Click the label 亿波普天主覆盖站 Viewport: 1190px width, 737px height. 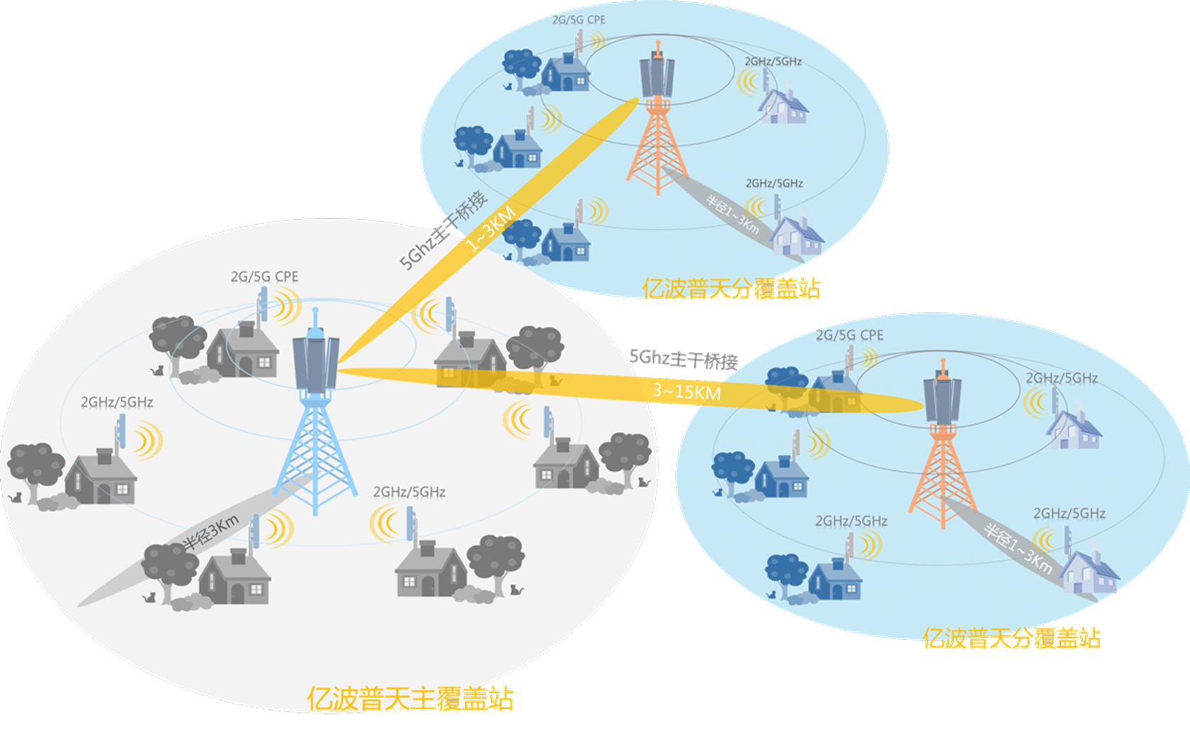point(410,699)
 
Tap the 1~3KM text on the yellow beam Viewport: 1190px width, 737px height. point(490,229)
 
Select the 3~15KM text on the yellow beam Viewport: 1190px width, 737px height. point(686,391)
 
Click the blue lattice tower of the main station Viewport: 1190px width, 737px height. point(315,447)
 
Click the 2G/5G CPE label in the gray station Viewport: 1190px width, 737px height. point(265,277)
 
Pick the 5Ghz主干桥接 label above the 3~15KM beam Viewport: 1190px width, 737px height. point(684,359)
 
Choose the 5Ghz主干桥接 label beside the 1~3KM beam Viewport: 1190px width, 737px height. point(444,231)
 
